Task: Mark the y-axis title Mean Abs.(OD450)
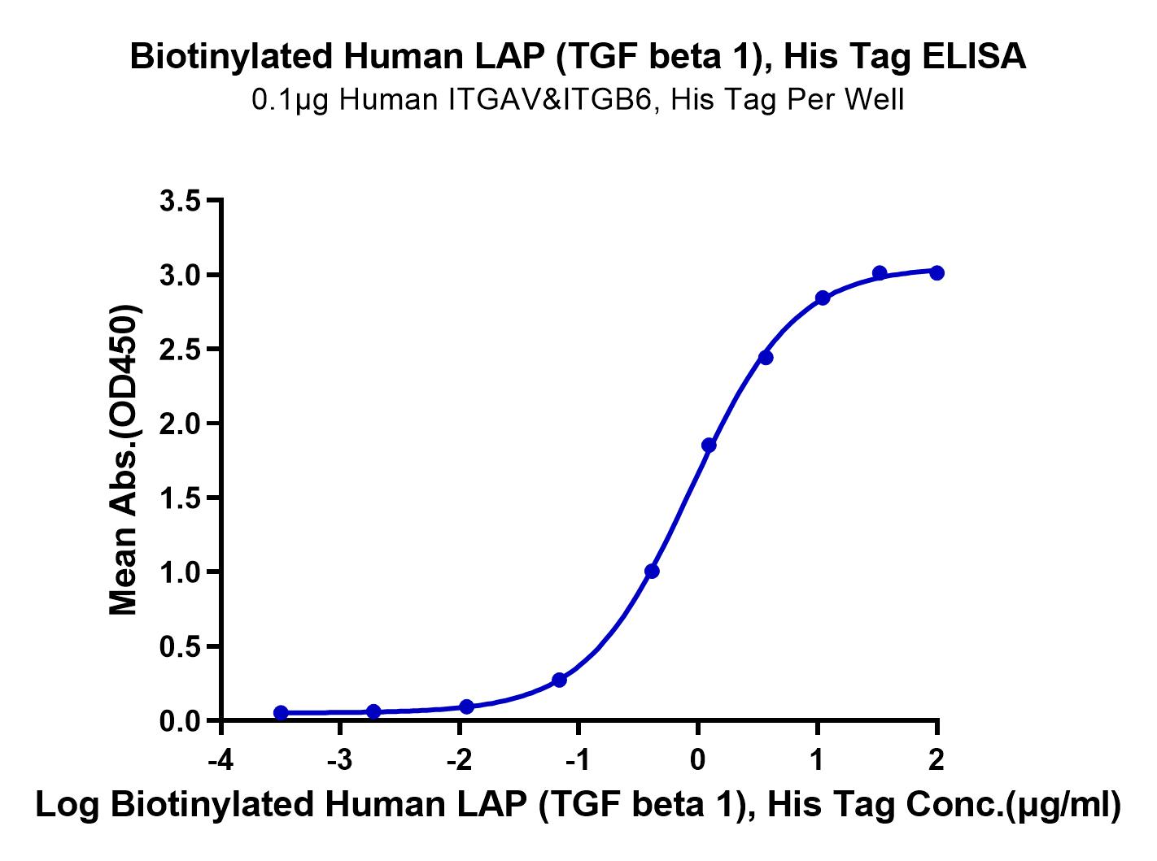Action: (x=124, y=460)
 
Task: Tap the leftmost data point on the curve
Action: (x=282, y=712)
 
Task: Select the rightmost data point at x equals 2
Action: (x=937, y=272)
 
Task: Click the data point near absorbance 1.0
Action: (x=652, y=572)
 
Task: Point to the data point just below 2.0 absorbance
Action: (x=709, y=445)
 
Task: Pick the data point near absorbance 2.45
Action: (x=765, y=358)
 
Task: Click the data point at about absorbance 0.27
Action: (x=559, y=680)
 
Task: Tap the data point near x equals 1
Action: (x=823, y=298)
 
